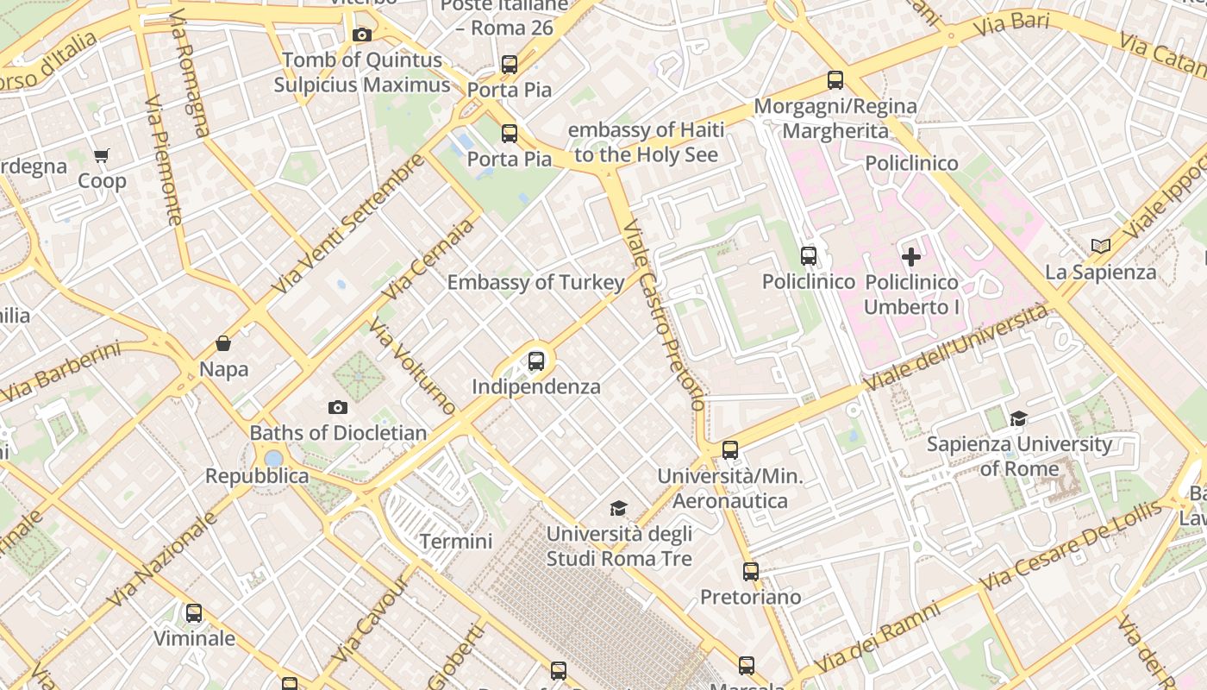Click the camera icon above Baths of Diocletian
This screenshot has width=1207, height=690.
(338, 407)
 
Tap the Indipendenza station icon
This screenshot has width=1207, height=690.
(536, 361)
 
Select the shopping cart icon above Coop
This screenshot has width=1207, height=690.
(102, 156)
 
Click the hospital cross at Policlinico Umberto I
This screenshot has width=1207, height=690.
(911, 256)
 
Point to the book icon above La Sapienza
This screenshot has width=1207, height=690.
(1100, 246)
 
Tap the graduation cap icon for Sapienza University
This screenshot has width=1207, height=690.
(1019, 419)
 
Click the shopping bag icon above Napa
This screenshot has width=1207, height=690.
(223, 343)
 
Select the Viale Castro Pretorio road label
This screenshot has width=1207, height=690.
(663, 317)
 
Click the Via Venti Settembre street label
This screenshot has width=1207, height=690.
(348, 224)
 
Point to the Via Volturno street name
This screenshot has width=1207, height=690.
(413, 366)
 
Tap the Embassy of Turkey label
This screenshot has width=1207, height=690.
(535, 282)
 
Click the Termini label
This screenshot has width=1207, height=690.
(456, 542)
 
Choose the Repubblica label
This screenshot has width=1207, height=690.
(257, 476)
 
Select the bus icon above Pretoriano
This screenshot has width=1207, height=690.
(751, 571)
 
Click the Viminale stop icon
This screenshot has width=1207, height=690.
(194, 613)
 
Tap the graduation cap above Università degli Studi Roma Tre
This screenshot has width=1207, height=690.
(618, 509)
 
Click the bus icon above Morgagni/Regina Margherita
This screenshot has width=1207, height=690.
(835, 80)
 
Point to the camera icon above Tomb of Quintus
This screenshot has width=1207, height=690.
(362, 34)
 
